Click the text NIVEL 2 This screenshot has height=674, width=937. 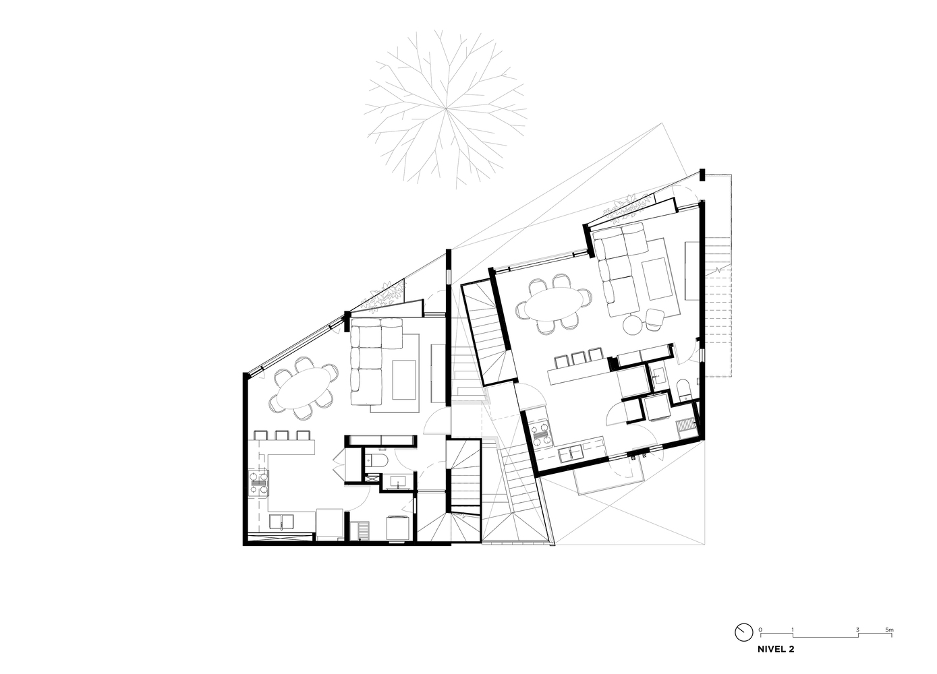(776, 649)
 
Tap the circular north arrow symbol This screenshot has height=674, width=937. (743, 632)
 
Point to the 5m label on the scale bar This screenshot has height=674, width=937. (889, 630)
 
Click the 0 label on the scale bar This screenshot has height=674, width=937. (760, 630)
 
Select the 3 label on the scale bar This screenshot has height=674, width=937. (857, 630)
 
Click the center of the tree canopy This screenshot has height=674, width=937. (446, 109)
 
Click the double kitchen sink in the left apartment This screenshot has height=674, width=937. (281, 522)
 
